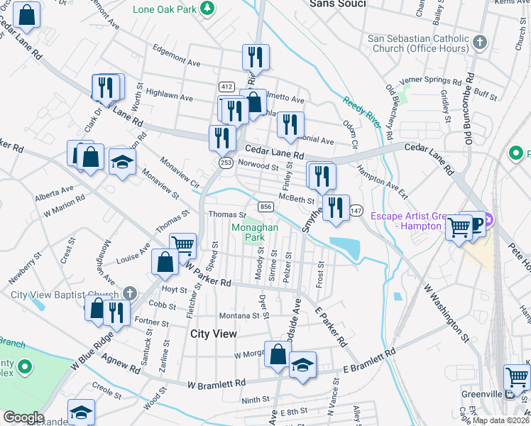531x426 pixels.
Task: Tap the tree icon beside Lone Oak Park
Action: (207, 9)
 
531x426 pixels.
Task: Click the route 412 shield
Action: (226, 87)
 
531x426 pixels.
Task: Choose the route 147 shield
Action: (356, 212)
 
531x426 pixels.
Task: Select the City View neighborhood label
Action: (214, 333)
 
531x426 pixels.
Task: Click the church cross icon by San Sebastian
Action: (480, 42)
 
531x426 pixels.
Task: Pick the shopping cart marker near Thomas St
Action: (183, 246)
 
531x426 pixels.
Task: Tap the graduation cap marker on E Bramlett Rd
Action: (303, 366)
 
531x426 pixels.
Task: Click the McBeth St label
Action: (296, 199)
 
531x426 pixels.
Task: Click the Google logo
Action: (23, 417)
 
